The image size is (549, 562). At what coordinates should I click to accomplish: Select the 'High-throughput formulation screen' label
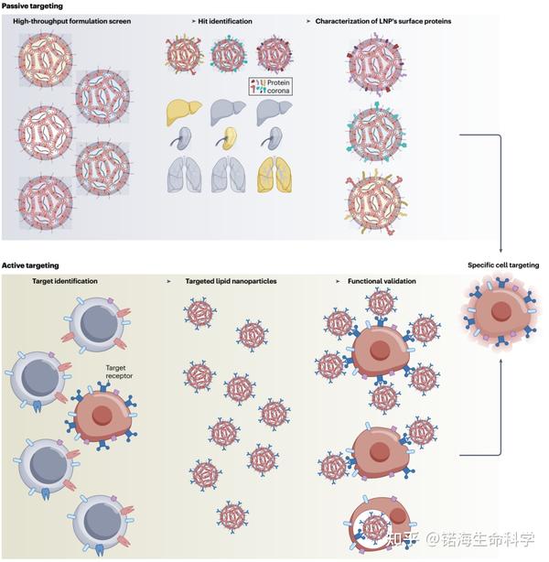click(76, 20)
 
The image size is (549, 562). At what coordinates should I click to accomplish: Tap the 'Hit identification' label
click(226, 20)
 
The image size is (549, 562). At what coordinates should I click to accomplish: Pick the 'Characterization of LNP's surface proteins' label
click(384, 20)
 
